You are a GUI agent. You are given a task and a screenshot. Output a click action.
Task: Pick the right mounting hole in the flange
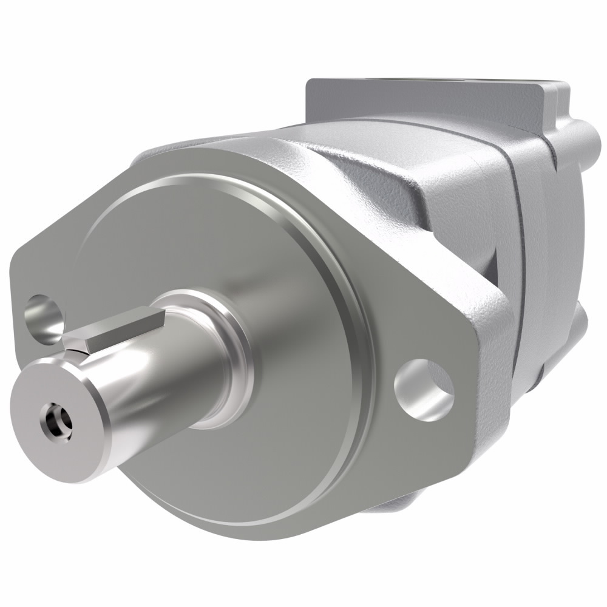(424, 390)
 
